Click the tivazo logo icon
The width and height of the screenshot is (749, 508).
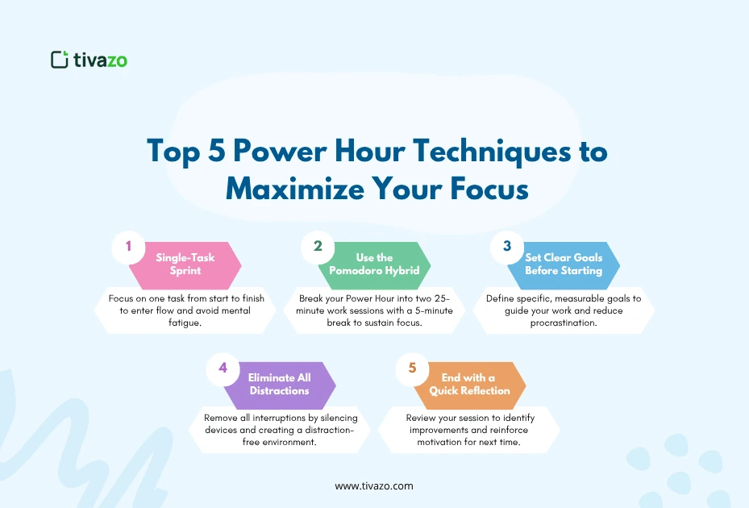point(59,59)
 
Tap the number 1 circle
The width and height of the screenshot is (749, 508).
point(127,247)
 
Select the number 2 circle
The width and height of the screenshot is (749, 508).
point(317,247)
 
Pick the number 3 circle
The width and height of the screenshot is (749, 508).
point(507,247)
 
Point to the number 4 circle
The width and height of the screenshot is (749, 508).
point(222,368)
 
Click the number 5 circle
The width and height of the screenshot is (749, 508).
point(412,368)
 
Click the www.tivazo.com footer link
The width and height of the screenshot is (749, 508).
point(374,486)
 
